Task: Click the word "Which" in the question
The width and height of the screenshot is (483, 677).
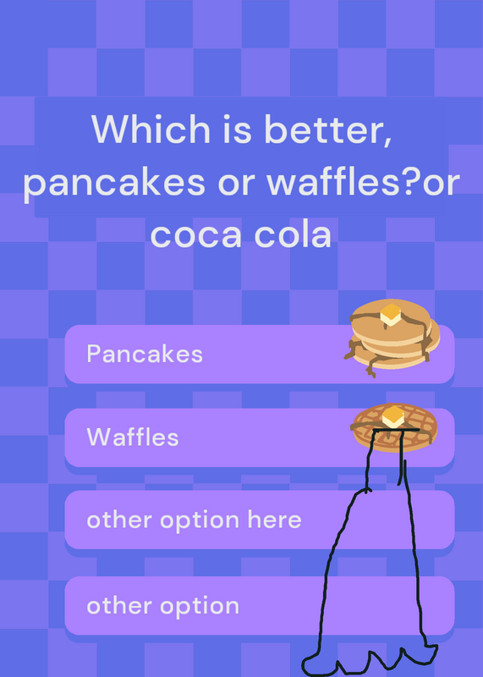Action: tap(151, 129)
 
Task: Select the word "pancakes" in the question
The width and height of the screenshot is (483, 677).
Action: tap(114, 184)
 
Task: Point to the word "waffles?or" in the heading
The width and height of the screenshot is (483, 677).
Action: tap(363, 181)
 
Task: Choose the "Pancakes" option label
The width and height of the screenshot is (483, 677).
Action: tap(145, 354)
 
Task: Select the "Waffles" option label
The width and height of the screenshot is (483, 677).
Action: tap(133, 437)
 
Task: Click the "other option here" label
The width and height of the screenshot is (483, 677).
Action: tap(194, 520)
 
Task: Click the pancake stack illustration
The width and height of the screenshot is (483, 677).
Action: tap(392, 338)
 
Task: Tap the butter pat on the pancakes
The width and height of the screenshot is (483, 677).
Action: tap(391, 314)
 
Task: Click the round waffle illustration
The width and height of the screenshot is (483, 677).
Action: tap(395, 427)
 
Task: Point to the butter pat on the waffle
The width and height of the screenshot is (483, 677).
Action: tap(392, 416)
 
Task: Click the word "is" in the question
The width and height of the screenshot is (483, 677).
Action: tap(237, 129)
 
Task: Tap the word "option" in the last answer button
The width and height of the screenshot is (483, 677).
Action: tap(200, 607)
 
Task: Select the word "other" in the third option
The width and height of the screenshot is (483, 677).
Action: tap(120, 520)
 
